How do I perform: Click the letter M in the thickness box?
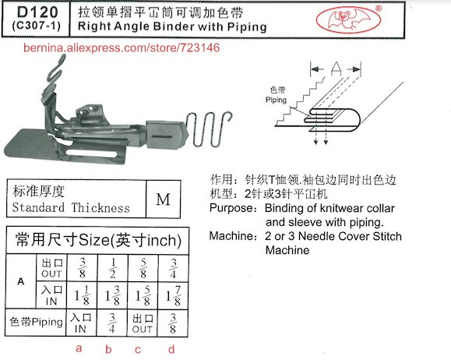(163, 199)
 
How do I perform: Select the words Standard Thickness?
(70, 208)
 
